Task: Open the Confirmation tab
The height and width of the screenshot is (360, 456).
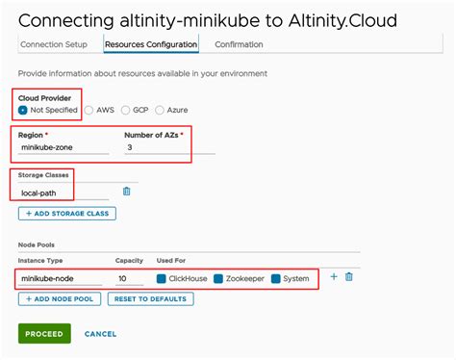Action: [x=240, y=44]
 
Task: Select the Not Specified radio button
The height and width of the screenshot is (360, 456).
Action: [x=23, y=110]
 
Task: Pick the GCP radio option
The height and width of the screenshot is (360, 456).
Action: [x=125, y=110]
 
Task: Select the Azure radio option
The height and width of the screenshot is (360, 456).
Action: [x=160, y=110]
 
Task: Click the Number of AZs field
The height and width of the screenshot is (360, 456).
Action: [x=168, y=148]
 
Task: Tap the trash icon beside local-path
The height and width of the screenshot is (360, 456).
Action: [x=126, y=192]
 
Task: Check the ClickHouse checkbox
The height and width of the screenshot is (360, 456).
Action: [x=162, y=278]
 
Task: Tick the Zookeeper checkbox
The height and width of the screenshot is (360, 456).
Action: [x=218, y=278]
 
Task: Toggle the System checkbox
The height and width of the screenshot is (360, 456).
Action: [x=275, y=278]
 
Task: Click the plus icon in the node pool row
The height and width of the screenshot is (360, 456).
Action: [x=334, y=277]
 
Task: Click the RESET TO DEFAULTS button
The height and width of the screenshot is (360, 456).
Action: [x=150, y=299]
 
